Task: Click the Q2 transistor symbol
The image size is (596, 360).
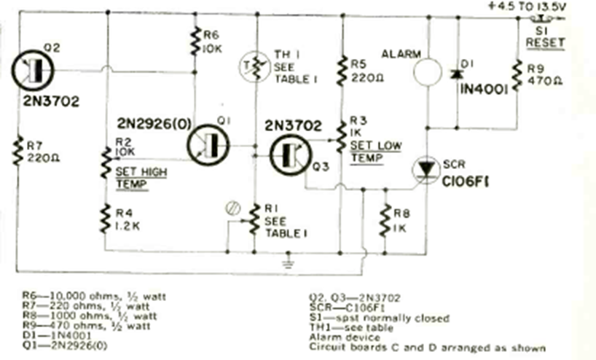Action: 34,71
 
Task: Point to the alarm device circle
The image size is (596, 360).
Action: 427,72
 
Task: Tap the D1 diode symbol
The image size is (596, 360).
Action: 457,73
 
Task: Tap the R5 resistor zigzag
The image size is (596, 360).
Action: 342,71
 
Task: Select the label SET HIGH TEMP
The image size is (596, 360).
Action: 131,178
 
